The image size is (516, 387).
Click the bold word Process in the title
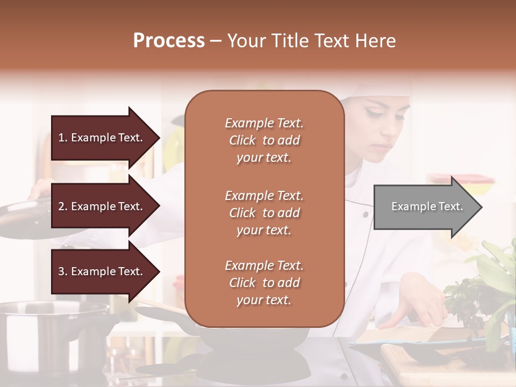[x=169, y=40]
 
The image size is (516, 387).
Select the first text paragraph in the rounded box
[x=264, y=140]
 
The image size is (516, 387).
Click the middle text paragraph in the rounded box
[x=264, y=213]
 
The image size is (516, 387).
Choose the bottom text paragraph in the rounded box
[x=264, y=283]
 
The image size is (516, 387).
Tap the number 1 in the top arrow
[x=61, y=138]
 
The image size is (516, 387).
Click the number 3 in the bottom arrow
[x=61, y=271]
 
